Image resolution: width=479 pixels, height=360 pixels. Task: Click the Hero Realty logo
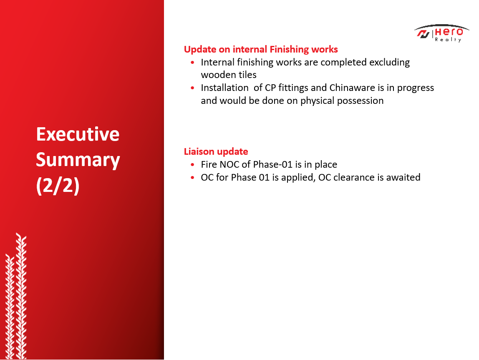[441, 33]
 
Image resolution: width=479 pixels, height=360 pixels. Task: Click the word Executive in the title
[78, 134]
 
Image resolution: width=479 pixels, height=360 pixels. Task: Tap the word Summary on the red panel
[78, 160]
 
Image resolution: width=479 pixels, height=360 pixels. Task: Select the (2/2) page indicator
[58, 186]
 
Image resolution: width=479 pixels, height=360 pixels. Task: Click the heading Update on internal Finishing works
[261, 50]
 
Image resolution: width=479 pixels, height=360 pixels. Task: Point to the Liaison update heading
[216, 151]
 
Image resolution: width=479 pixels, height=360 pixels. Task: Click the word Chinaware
[352, 88]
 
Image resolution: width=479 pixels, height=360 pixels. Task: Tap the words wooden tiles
[229, 75]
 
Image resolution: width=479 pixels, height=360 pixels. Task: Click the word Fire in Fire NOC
[209, 165]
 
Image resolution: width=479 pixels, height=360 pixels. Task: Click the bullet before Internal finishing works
[192, 63]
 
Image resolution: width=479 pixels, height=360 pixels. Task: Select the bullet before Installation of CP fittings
[192, 88]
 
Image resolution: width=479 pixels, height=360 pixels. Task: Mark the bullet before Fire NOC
[192, 165]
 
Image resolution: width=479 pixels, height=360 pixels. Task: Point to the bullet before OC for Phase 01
[192, 177]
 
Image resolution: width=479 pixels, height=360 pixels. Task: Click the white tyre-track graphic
[16, 296]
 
